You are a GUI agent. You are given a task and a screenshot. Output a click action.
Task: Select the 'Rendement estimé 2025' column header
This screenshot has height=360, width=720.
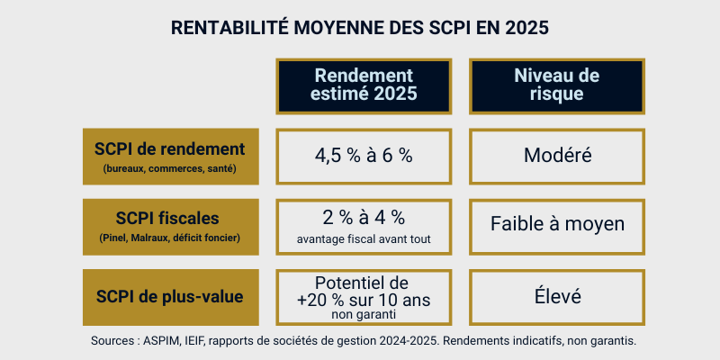(x=364, y=84)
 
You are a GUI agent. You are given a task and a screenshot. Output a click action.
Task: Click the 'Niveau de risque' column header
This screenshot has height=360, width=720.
(x=557, y=84)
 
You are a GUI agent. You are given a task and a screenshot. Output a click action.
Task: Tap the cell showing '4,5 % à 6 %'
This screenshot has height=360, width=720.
(x=364, y=155)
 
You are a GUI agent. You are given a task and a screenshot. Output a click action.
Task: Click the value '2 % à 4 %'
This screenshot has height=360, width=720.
(x=364, y=217)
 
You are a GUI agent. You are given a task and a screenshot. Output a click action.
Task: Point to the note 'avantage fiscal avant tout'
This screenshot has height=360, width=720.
(x=364, y=239)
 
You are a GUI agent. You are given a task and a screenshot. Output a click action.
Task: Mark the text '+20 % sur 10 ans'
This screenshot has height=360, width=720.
(x=364, y=298)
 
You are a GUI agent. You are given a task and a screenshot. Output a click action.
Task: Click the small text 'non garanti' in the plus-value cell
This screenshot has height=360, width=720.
(x=364, y=315)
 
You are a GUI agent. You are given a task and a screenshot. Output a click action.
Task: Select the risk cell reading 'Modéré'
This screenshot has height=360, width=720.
(x=557, y=155)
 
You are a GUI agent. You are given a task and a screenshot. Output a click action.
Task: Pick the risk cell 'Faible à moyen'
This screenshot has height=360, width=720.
(x=557, y=223)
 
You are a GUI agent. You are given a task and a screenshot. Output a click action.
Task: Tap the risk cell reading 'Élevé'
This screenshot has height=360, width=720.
(x=557, y=296)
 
